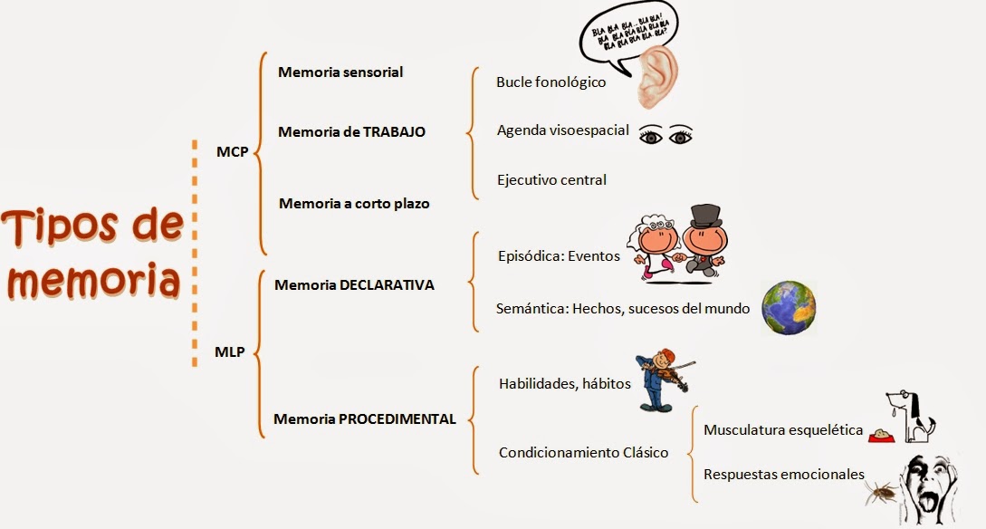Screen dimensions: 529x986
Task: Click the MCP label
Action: [232, 152]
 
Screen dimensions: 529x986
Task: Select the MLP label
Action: [230, 351]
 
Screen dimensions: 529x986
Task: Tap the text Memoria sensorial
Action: [340, 72]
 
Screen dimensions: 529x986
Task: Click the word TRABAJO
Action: [394, 131]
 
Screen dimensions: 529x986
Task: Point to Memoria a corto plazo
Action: [354, 203]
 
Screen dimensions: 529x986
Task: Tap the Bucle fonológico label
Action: [550, 82]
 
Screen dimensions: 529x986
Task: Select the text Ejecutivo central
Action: [551, 179]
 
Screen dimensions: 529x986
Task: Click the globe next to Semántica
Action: [788, 306]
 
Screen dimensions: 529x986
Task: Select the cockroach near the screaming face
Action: [882, 492]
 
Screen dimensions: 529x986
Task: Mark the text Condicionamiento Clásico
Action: [583, 452]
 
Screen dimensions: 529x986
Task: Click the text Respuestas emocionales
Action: [783, 474]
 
